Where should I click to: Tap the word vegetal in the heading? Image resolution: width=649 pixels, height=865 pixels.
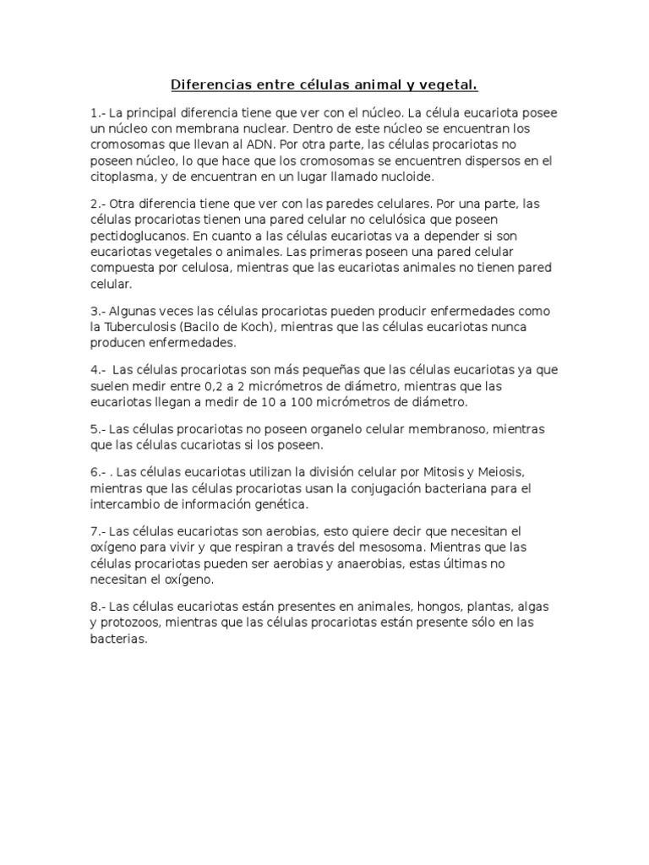pos(449,84)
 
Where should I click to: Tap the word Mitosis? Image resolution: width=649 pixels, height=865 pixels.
pos(446,471)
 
